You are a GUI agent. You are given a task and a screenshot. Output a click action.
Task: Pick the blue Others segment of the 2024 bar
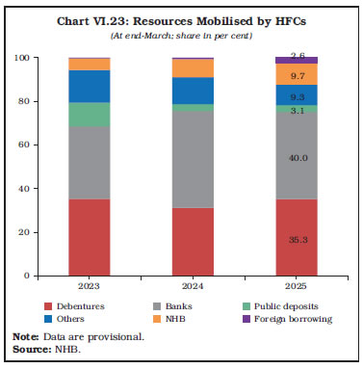coord(193,91)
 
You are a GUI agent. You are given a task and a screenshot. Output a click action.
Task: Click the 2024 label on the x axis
coord(193,286)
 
